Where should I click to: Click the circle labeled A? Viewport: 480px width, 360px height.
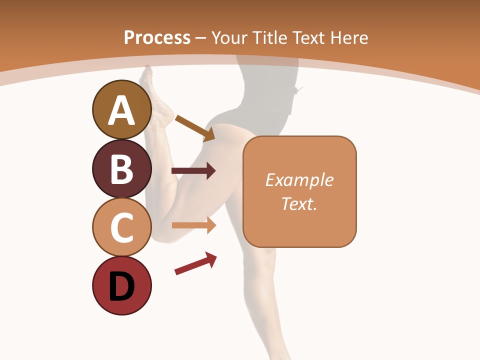pyautogui.click(x=121, y=109)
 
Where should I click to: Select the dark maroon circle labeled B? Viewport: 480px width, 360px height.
pyautogui.click(x=121, y=168)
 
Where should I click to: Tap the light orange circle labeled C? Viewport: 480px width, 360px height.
pyautogui.click(x=121, y=227)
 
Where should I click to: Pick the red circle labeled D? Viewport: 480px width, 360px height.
pyautogui.click(x=121, y=285)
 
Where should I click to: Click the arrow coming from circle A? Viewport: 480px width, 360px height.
pyautogui.click(x=195, y=127)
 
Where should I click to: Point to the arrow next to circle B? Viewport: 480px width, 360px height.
pyautogui.click(x=193, y=171)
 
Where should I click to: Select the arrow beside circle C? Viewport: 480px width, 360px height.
pyautogui.click(x=194, y=225)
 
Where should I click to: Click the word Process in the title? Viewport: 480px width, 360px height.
pyautogui.click(x=157, y=37)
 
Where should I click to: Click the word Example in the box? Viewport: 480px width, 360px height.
pyautogui.click(x=299, y=180)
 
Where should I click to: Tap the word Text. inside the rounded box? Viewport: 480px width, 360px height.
pyautogui.click(x=299, y=203)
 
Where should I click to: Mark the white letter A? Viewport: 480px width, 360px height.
pyautogui.click(x=121, y=110)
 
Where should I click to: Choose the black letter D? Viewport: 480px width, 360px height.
pyautogui.click(x=121, y=286)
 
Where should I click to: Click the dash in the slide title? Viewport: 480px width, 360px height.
pyautogui.click(x=201, y=38)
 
